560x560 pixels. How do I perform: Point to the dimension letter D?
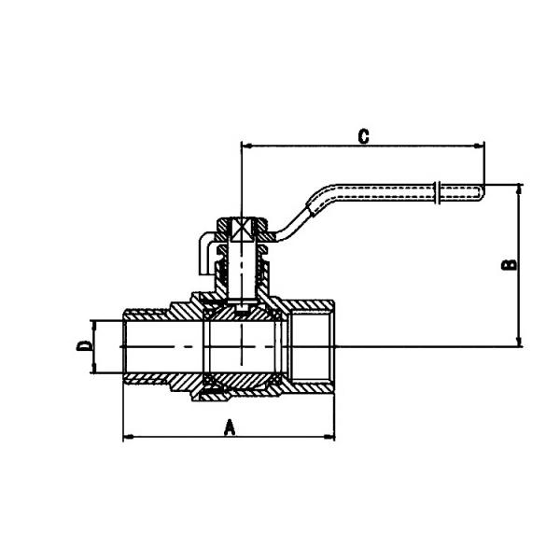[x=83, y=346]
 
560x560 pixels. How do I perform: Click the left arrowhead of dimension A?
[x=128, y=436]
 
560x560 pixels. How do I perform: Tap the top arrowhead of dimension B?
[x=520, y=188]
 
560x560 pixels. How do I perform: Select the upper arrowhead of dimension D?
[x=93, y=323]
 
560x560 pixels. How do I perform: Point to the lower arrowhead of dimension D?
[x=93, y=371]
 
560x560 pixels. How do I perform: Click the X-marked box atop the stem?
[x=242, y=228]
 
